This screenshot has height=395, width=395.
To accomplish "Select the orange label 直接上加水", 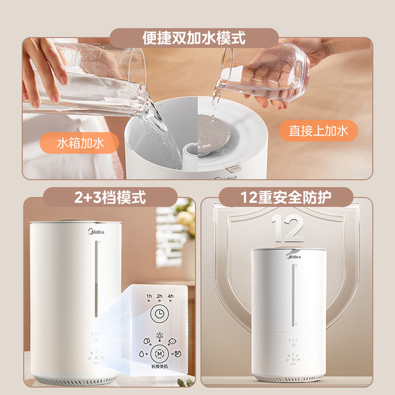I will tap(314, 131).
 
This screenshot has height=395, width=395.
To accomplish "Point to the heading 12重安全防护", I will tap(286, 199).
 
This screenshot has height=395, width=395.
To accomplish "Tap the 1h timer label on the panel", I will tap(149, 296).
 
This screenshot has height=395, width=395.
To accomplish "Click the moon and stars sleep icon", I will tap(177, 354).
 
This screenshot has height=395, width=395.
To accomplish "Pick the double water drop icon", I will tap(146, 341).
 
